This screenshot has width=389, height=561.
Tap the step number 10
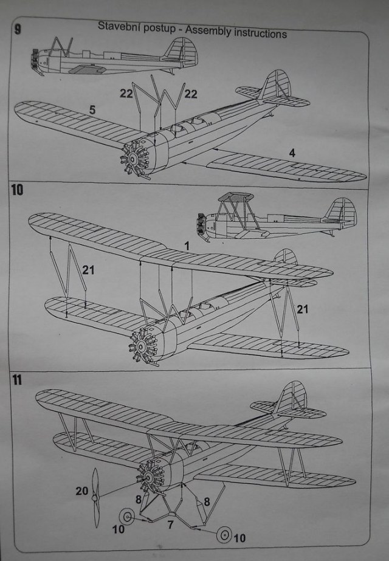point(18,190)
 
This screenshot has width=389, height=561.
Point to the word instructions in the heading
point(256,33)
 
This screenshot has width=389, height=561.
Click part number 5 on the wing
point(92,110)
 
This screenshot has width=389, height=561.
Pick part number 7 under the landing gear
point(171,523)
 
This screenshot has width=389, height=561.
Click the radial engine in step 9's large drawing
point(135,159)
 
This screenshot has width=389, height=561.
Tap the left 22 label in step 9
point(126,92)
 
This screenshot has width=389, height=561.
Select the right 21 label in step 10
point(302,309)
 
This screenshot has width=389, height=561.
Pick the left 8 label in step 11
point(139,499)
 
